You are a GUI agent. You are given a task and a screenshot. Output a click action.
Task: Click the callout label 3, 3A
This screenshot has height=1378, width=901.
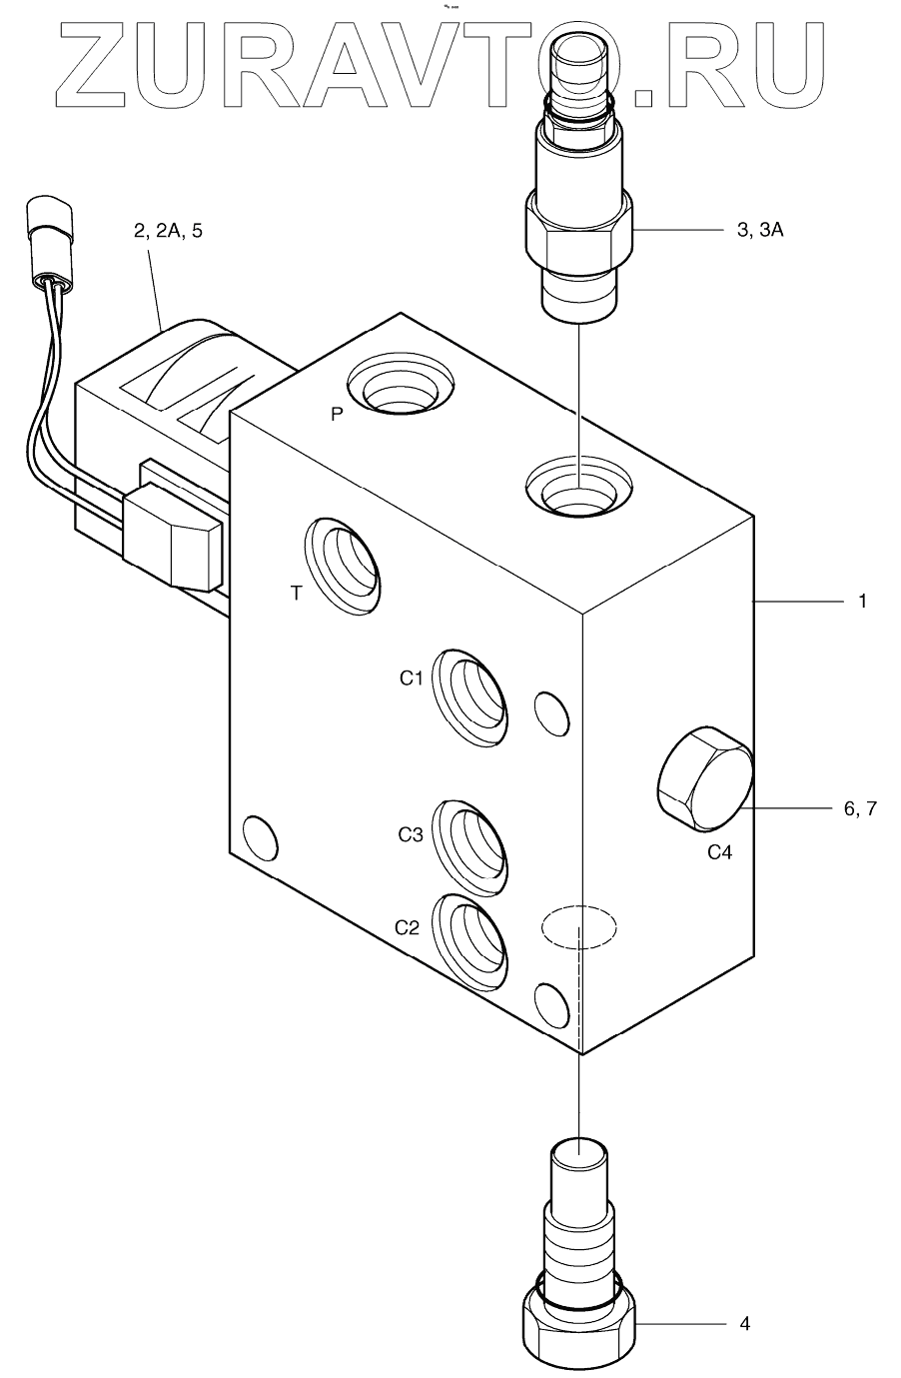click(x=759, y=231)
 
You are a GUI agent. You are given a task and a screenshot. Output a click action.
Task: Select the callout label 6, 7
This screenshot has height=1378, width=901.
click(x=859, y=809)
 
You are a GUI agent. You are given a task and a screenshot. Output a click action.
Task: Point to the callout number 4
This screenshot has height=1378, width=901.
click(x=744, y=1324)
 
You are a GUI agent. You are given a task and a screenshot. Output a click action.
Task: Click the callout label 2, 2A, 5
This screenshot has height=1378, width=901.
click(x=167, y=231)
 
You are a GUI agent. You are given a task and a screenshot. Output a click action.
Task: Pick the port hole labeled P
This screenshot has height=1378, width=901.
click(x=399, y=386)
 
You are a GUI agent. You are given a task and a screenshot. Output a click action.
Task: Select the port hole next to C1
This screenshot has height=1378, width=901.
click(x=470, y=698)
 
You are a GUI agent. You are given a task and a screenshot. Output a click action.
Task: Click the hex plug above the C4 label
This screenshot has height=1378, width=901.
click(x=704, y=779)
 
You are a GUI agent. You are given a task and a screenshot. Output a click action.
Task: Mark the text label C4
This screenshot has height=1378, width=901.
click(x=726, y=852)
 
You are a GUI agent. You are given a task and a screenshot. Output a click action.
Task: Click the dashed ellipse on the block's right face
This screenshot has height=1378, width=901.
click(x=578, y=926)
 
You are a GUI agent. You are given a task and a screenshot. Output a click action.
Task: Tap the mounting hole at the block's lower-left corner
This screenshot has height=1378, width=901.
click(x=260, y=835)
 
